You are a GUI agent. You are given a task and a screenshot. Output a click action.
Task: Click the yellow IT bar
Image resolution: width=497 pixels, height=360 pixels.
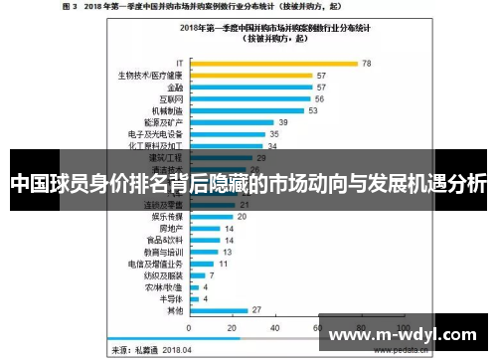[272, 64]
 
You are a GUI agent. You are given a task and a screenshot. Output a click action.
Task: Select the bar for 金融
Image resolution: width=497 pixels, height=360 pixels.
[248, 88]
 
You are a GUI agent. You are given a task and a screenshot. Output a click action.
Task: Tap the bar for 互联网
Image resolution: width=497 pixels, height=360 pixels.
[248, 99]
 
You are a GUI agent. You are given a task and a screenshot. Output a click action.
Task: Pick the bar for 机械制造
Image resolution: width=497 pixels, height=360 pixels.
[244, 111]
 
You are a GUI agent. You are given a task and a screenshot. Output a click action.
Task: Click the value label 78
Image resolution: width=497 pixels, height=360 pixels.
[367, 64]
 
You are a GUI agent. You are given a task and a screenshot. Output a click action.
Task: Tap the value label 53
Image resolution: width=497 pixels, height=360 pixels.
[312, 111]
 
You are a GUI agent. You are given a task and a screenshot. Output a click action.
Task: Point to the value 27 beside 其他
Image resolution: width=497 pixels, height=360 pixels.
[257, 309]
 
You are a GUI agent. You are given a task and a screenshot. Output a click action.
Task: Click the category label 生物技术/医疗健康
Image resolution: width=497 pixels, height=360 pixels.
[151, 76]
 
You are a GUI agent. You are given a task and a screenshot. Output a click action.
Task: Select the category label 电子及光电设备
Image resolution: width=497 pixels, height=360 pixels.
[155, 134]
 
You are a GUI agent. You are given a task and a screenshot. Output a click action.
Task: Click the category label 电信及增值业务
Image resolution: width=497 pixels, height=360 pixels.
[155, 263]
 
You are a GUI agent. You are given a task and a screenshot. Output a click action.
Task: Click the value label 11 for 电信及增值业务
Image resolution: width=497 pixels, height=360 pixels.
[224, 263]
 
